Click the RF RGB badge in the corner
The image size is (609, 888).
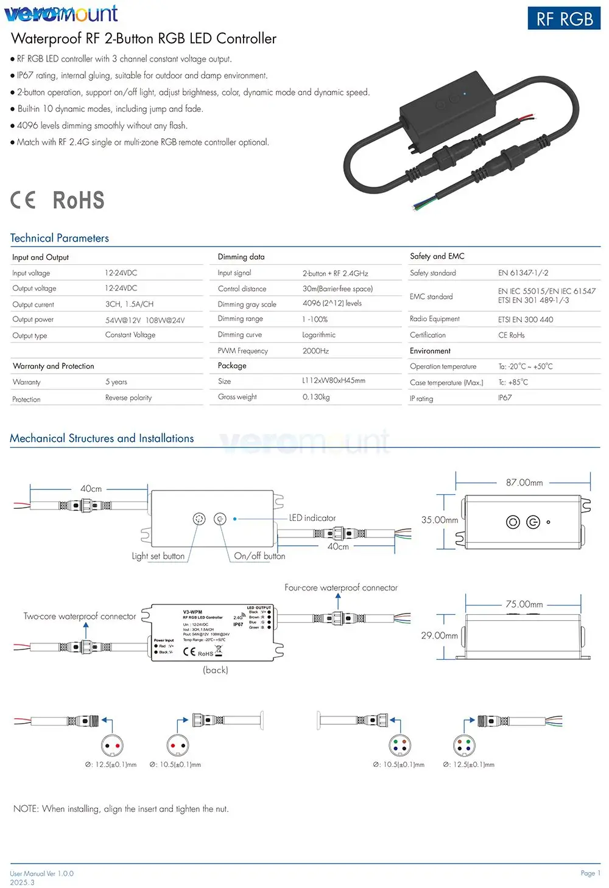[x=564, y=19]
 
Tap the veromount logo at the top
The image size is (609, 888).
[x=61, y=13]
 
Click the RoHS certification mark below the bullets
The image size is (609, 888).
[x=79, y=200]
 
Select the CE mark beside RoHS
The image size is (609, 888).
[x=23, y=200]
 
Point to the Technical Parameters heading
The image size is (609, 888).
[x=60, y=238]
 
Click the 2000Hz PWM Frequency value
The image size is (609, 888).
[x=315, y=351]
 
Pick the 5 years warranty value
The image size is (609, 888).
[x=116, y=382]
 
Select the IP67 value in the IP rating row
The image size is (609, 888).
[x=505, y=398]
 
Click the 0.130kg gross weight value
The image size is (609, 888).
[x=316, y=397]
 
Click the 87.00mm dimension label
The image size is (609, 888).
[x=524, y=483]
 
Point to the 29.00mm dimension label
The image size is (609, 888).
[x=440, y=635]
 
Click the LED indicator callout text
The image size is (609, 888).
[x=312, y=518]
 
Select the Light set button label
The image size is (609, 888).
[x=158, y=556]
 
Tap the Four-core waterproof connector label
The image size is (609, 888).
[x=341, y=588]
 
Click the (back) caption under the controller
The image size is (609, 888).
[x=216, y=670]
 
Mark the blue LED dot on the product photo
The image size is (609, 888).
[x=465, y=94]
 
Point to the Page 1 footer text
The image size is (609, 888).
[x=590, y=873]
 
